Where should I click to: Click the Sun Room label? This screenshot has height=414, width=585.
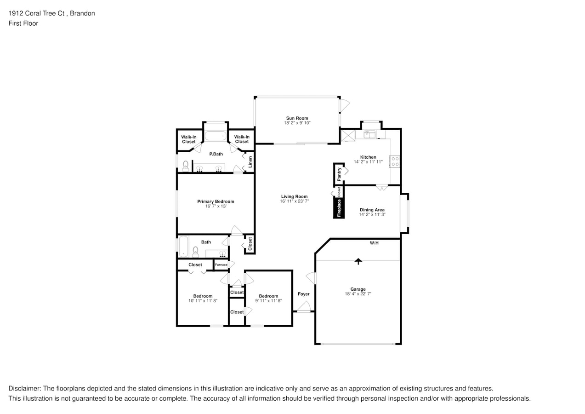pos(296,118)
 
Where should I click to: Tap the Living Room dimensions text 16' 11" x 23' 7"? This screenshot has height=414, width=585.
pos(294,201)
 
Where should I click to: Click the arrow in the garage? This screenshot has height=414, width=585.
pos(358,261)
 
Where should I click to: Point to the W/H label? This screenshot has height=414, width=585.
pos(374,243)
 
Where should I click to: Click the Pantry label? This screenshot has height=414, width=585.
pos(339,173)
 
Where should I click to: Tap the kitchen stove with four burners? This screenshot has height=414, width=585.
pos(394,161)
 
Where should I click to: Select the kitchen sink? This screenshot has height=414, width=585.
pos(369,134)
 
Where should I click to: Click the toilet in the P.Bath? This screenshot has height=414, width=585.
pos(186,166)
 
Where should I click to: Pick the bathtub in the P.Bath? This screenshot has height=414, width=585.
pos(216,136)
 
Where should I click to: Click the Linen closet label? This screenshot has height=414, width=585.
pos(250,161)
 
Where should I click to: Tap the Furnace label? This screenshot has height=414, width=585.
pos(221,264)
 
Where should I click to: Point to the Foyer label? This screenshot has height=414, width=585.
pos(303,294)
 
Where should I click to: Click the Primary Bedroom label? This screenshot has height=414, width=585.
pos(216,201)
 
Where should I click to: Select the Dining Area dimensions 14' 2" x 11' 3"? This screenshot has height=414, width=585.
pos(372,214)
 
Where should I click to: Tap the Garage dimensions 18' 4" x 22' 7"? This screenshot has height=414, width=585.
pos(358,293)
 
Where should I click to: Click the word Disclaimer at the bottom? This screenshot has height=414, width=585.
pos(24,388)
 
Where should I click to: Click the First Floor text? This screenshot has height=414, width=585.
pos(23,23)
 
